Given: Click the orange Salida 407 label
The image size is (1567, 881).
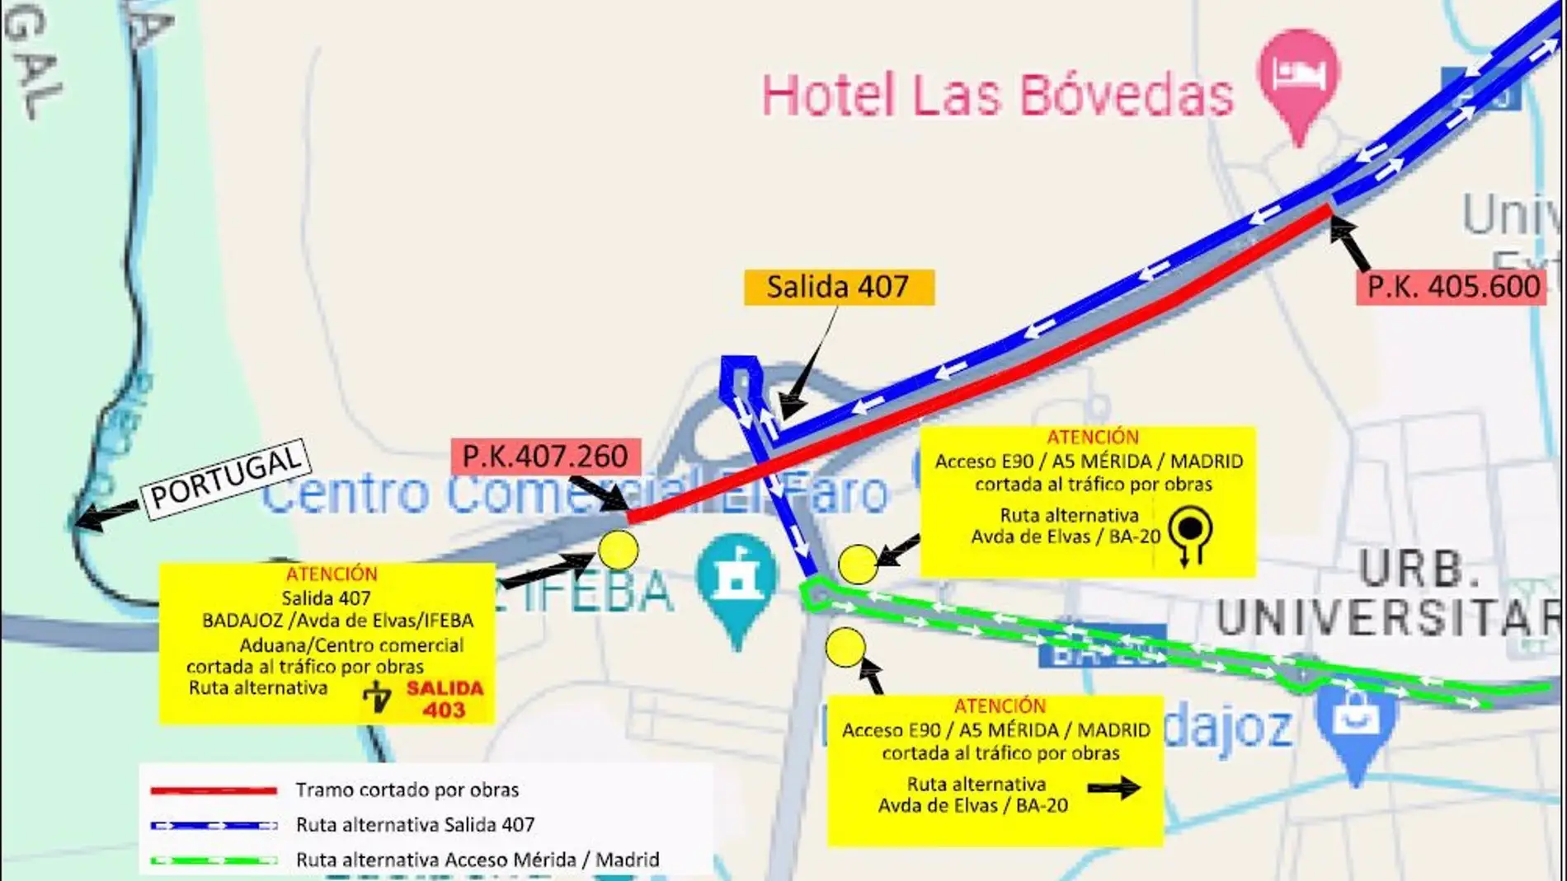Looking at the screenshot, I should (839, 288).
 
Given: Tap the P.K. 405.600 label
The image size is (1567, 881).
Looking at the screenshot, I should (1452, 287).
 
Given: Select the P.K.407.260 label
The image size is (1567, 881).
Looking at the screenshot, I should (545, 456).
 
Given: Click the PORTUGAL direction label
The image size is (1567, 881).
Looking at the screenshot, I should (226, 478).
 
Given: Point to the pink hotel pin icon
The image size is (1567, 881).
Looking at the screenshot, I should (1298, 78).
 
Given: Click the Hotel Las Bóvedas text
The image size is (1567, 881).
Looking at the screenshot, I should (996, 95).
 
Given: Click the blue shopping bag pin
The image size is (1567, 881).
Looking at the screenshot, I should (1356, 722).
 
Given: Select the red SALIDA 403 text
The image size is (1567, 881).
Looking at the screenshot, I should (445, 699).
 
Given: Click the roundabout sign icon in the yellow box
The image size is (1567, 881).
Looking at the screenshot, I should (1190, 534).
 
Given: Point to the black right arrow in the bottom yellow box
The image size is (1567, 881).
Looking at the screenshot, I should (1113, 788).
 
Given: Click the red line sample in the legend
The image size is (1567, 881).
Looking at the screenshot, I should (214, 790).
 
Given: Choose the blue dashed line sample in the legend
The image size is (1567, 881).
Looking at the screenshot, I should (214, 825).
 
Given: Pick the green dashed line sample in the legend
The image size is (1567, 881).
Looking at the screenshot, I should (214, 860).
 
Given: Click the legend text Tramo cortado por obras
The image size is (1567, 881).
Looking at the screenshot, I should (407, 790).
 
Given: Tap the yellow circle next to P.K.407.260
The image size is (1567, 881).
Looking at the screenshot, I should (618, 550).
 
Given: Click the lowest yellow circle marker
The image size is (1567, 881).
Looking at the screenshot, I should (845, 648).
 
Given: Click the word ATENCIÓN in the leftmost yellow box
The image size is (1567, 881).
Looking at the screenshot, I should (332, 574).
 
